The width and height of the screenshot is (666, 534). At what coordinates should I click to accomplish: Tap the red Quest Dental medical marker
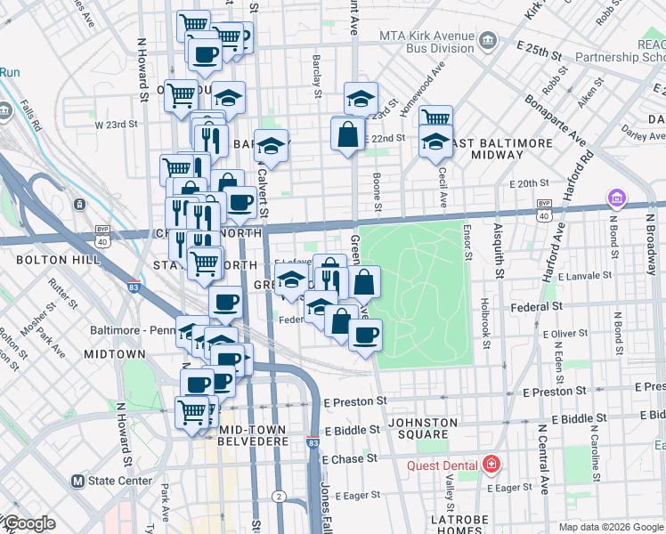[490, 465]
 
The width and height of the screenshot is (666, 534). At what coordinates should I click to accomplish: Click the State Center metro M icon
[77, 481]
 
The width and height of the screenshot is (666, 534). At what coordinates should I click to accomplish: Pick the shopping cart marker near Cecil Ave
[435, 119]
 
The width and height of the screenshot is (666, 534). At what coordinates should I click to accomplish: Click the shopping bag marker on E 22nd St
[347, 136]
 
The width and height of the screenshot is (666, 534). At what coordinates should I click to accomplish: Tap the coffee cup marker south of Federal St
[365, 336]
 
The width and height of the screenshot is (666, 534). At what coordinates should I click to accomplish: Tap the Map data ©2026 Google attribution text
[610, 526]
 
